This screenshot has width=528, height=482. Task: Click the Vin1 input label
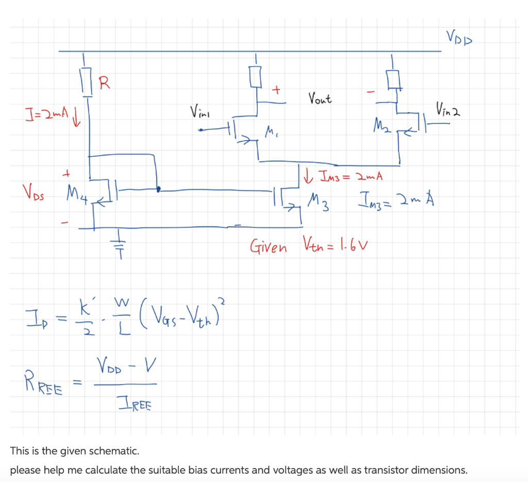click(x=200, y=110)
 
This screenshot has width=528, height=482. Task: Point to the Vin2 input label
click(x=447, y=108)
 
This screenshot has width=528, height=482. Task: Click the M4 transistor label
click(x=74, y=194)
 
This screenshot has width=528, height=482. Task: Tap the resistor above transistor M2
click(x=395, y=79)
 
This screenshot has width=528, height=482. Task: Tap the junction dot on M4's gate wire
click(x=158, y=189)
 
